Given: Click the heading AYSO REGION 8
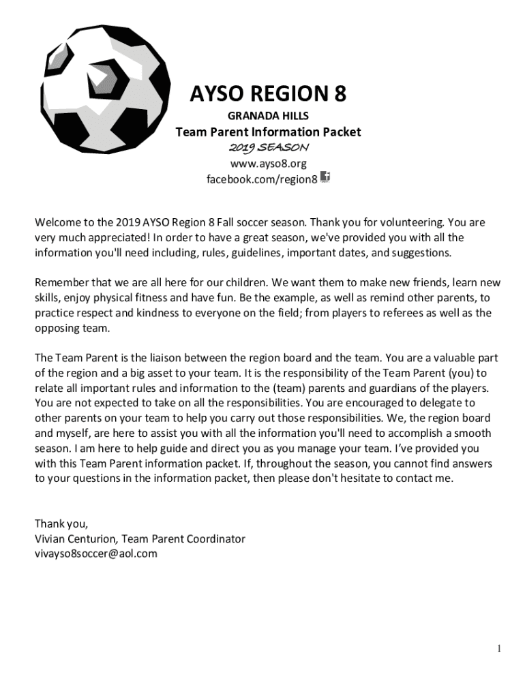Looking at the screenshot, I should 268,94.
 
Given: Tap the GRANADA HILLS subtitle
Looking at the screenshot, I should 268,117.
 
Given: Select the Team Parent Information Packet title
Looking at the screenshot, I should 268,132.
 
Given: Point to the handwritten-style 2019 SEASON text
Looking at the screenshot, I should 268,148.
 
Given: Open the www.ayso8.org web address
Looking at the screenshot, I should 268,164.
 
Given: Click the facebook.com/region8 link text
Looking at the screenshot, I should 262,179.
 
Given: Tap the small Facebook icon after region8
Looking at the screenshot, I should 325,177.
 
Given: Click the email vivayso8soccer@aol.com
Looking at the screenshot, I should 96,553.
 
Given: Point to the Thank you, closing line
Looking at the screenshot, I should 61,523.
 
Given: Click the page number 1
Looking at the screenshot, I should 500,648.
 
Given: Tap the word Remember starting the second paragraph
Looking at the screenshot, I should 61,283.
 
